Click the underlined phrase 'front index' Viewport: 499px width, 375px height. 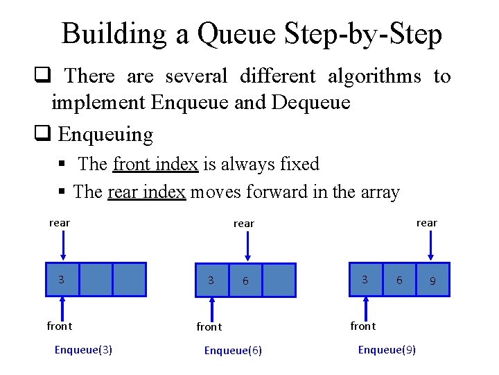coord(155,165)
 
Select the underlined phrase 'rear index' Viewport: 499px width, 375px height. coord(146,192)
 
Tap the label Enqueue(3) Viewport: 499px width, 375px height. coord(83,349)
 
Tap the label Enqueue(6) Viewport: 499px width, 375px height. coord(233,350)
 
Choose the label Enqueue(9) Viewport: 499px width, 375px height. coord(387,349)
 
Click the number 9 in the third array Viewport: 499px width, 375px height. coord(432,281)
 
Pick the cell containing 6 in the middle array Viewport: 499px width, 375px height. coord(245,281)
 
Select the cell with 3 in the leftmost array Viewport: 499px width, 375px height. coord(62,279)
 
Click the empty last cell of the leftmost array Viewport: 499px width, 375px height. coord(130,279)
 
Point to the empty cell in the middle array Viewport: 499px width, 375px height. coord(279,281)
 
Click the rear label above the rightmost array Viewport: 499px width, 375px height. coord(426,223)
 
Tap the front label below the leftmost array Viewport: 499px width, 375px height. coord(60,326)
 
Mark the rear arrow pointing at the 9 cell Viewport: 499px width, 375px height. coord(432,247)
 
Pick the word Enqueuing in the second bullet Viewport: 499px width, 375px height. coord(105,133)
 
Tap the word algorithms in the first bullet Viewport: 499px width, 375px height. coord(374,76)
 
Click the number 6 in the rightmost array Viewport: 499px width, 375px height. coord(399,280)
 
